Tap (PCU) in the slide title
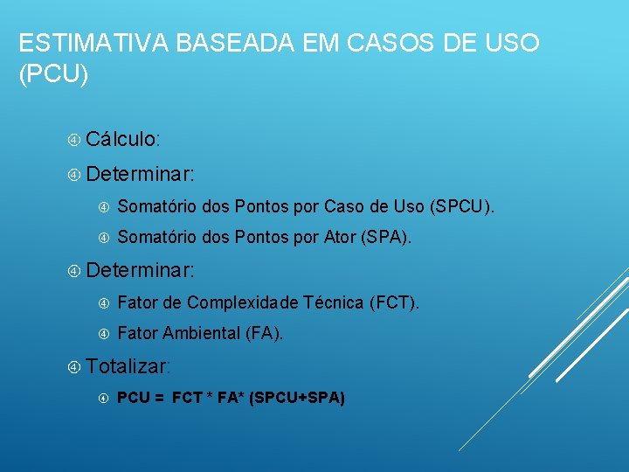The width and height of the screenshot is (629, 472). (x=53, y=75)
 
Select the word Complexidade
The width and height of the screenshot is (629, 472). (x=242, y=303)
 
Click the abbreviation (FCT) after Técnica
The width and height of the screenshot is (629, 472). (x=393, y=303)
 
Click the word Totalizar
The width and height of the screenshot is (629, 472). (x=128, y=365)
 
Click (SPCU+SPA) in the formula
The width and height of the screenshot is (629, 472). (x=297, y=399)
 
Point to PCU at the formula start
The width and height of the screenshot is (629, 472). (x=132, y=399)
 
